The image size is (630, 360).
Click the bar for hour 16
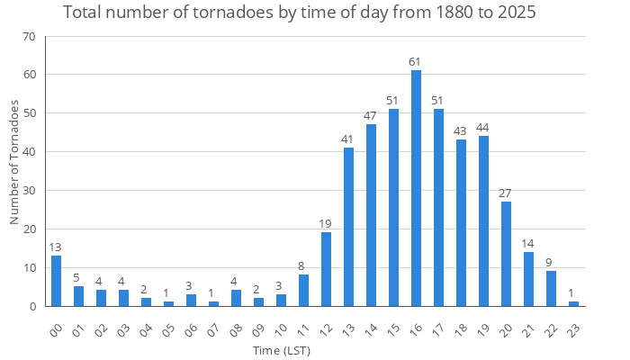pos(416,188)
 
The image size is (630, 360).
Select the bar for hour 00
pos(56,281)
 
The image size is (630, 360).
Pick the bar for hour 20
pos(506,254)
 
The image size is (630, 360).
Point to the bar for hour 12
pos(326,269)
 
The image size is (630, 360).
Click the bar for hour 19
pos(483,221)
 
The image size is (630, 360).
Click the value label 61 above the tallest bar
pos(416,62)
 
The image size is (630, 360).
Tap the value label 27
pos(506,193)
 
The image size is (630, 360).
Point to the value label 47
pos(371,116)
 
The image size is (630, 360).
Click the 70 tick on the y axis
pos(29,36)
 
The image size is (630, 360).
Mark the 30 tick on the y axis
pos(29,191)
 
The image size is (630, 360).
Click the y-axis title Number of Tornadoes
pos(14,163)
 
